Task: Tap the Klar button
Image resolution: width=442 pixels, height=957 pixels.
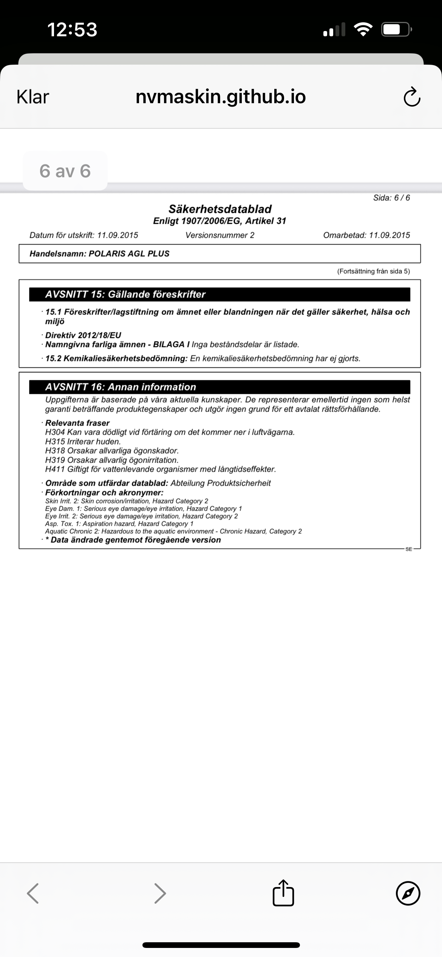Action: [x=33, y=97]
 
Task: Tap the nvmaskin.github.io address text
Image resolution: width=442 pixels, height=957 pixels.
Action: [x=221, y=97]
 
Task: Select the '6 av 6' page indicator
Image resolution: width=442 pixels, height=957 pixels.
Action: [x=65, y=171]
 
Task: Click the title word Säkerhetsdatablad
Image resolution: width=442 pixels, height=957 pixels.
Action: [x=220, y=209]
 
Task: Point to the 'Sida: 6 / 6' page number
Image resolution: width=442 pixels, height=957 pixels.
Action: [x=391, y=198]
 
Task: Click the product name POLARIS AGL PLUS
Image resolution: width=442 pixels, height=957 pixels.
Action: [x=129, y=254]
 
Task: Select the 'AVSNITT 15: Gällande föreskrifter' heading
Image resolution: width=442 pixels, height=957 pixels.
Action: [x=125, y=294]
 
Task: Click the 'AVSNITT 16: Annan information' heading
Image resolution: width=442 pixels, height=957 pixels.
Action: [x=121, y=387]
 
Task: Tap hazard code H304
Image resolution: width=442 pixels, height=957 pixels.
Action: [x=55, y=432]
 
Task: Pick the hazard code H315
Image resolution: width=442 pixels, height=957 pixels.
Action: [x=55, y=441]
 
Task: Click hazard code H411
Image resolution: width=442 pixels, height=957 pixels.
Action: [x=55, y=469]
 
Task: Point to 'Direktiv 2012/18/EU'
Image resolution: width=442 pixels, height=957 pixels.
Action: [x=83, y=335]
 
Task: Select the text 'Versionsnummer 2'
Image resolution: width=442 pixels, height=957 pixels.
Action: [x=220, y=235]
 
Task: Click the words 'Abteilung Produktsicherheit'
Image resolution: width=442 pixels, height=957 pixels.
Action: [x=221, y=483]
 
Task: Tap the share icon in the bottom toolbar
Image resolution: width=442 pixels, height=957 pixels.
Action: [x=283, y=893]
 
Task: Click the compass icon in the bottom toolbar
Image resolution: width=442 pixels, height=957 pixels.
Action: [x=408, y=893]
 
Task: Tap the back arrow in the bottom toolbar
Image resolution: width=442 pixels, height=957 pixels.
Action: [x=33, y=893]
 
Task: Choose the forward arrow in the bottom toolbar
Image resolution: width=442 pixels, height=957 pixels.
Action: [x=160, y=893]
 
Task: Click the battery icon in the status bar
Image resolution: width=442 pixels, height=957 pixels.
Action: [x=396, y=29]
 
